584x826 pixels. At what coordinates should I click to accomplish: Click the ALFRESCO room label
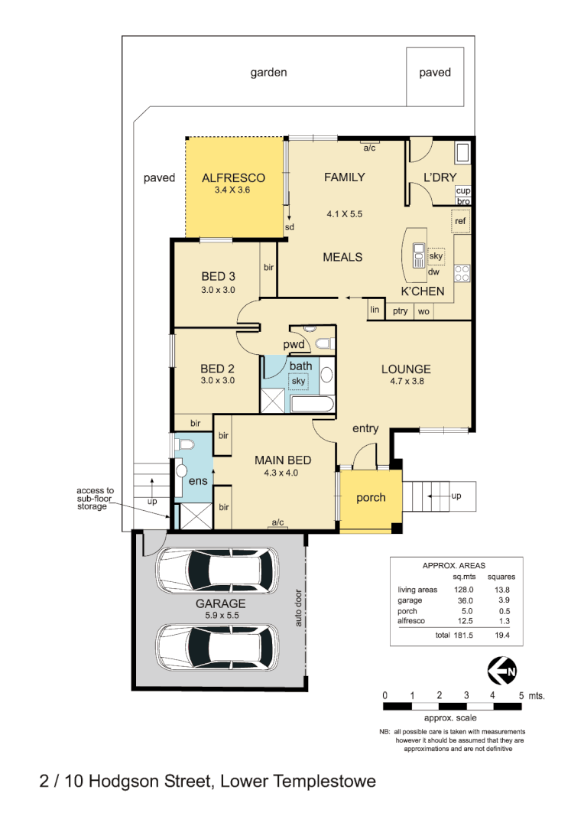[233, 177]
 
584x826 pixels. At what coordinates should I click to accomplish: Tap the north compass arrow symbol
[502, 671]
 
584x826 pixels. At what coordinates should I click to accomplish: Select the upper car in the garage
[216, 571]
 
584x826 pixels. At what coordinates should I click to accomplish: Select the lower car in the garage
[216, 647]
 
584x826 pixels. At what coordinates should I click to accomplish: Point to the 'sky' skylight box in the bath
[298, 380]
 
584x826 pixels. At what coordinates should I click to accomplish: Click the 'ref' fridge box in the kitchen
[459, 222]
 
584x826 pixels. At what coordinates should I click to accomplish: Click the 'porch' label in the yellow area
[371, 498]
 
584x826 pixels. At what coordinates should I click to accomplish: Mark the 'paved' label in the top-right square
[434, 73]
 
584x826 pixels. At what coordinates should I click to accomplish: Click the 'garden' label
[268, 73]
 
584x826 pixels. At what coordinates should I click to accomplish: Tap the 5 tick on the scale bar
[521, 695]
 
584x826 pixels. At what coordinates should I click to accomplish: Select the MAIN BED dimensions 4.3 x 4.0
[282, 473]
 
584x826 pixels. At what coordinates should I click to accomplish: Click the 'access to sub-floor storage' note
[95, 499]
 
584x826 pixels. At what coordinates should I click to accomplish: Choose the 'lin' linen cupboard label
[375, 310]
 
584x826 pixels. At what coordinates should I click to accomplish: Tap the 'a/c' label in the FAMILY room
[370, 148]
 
